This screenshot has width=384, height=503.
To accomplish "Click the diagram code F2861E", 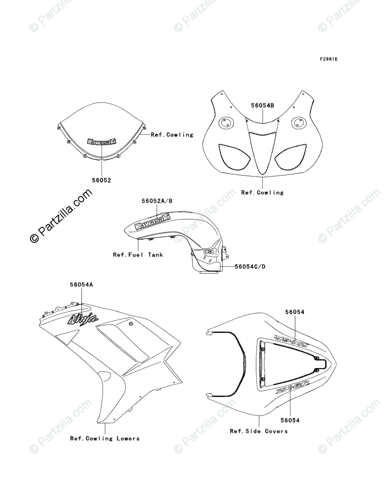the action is (x=328, y=59).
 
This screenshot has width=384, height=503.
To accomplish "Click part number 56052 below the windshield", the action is (x=102, y=181).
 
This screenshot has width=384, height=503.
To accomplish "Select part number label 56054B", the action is (x=263, y=105).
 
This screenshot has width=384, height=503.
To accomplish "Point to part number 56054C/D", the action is (x=250, y=267).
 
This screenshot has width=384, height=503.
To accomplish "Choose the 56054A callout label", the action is (x=82, y=284).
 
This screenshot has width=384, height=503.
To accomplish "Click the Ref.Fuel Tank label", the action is (x=138, y=255).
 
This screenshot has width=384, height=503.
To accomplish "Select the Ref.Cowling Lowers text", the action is (x=105, y=439).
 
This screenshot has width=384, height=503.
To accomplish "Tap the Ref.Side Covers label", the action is (x=259, y=431).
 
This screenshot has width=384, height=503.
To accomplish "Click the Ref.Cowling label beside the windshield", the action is (x=172, y=135).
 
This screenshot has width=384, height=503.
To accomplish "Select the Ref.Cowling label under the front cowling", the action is (x=262, y=193).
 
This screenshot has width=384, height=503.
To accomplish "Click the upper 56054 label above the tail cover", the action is (x=294, y=312).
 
